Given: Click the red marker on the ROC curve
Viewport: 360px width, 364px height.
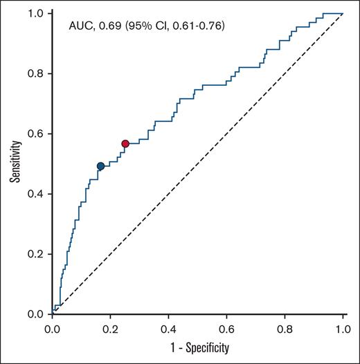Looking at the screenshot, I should (x=125, y=143).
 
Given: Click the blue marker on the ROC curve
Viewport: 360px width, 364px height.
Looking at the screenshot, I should (x=100, y=166).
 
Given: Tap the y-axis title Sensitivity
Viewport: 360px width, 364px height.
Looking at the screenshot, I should (x=15, y=163).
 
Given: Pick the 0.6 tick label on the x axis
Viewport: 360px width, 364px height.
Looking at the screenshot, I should (x=226, y=328).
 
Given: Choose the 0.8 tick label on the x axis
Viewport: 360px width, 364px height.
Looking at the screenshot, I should (x=285, y=328).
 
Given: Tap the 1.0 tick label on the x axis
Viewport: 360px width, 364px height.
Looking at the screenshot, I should (x=343, y=328).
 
